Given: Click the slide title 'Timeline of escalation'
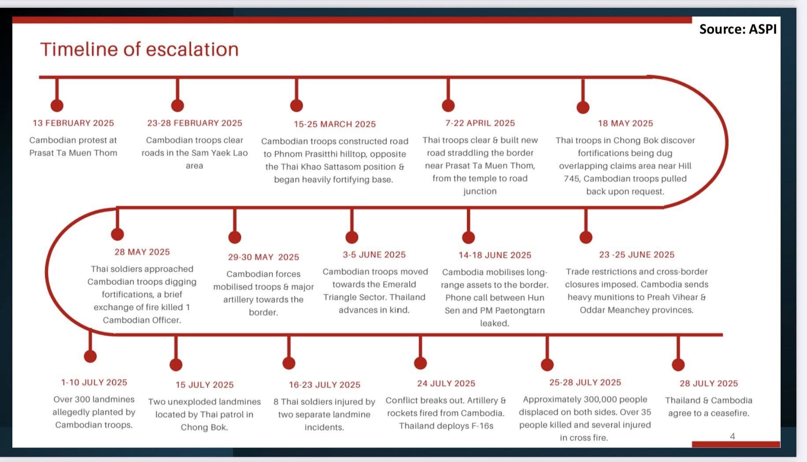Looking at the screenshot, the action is (139, 49).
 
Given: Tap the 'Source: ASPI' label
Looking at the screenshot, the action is (738, 29).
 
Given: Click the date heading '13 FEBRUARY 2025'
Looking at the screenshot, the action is (73, 123).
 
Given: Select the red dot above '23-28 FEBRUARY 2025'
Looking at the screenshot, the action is (178, 106).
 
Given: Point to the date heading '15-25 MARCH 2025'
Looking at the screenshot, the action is (335, 125).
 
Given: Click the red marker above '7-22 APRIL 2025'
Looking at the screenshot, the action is (448, 106).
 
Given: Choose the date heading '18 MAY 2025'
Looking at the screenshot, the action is (626, 124).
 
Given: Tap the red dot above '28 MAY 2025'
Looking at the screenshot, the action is (118, 234).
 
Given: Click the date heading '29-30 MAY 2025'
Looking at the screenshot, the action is (263, 257).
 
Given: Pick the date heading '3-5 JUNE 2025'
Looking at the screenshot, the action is (374, 255).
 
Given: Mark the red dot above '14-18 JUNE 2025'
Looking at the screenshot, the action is (468, 237).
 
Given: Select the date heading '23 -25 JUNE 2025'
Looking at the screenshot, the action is (637, 255).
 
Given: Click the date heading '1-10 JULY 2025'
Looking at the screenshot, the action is (94, 383).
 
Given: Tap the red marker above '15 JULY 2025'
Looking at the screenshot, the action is (176, 365).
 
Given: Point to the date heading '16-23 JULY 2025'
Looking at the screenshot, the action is (325, 385).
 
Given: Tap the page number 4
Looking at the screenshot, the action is (733, 436).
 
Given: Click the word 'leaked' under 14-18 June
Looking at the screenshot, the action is (494, 323).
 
